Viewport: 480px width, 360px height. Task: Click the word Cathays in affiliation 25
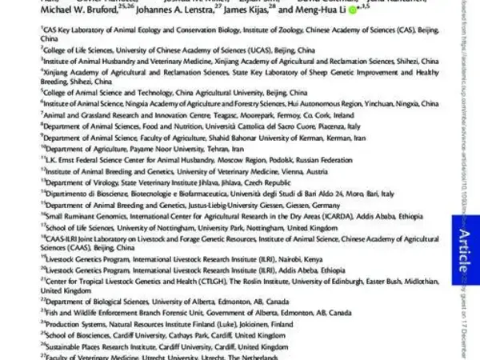point(204,338)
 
